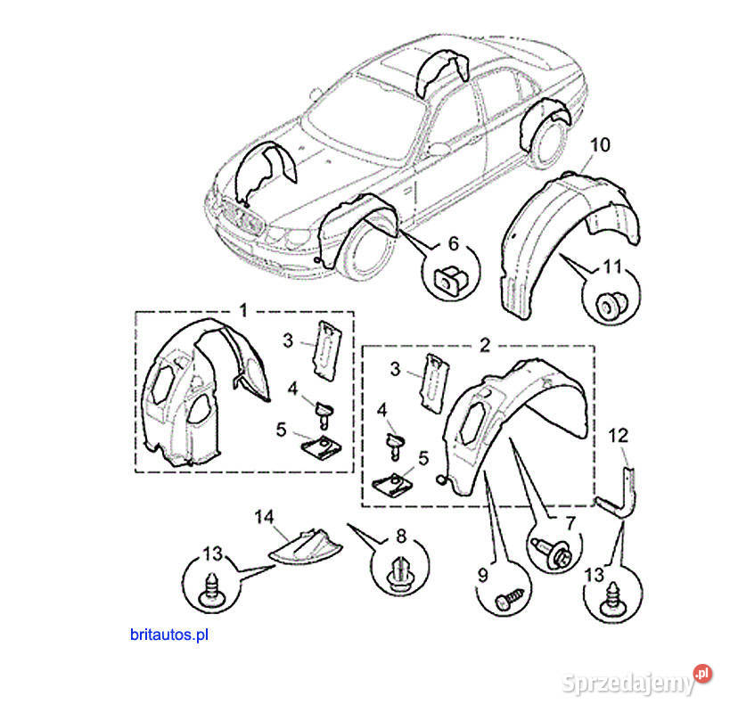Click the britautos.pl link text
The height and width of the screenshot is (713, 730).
tap(169, 635)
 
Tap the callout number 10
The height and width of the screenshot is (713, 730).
tap(600, 144)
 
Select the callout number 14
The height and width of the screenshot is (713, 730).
tap(264, 517)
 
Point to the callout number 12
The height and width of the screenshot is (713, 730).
tap(618, 436)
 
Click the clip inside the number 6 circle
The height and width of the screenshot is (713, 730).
tap(451, 278)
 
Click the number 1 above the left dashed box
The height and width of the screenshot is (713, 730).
tap(243, 310)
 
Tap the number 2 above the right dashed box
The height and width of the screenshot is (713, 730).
tap(485, 345)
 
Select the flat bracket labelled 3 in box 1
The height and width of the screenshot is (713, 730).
tap(328, 350)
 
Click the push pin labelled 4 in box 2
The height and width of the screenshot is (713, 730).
tap(395, 446)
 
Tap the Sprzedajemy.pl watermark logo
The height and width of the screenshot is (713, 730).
tap(638, 680)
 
